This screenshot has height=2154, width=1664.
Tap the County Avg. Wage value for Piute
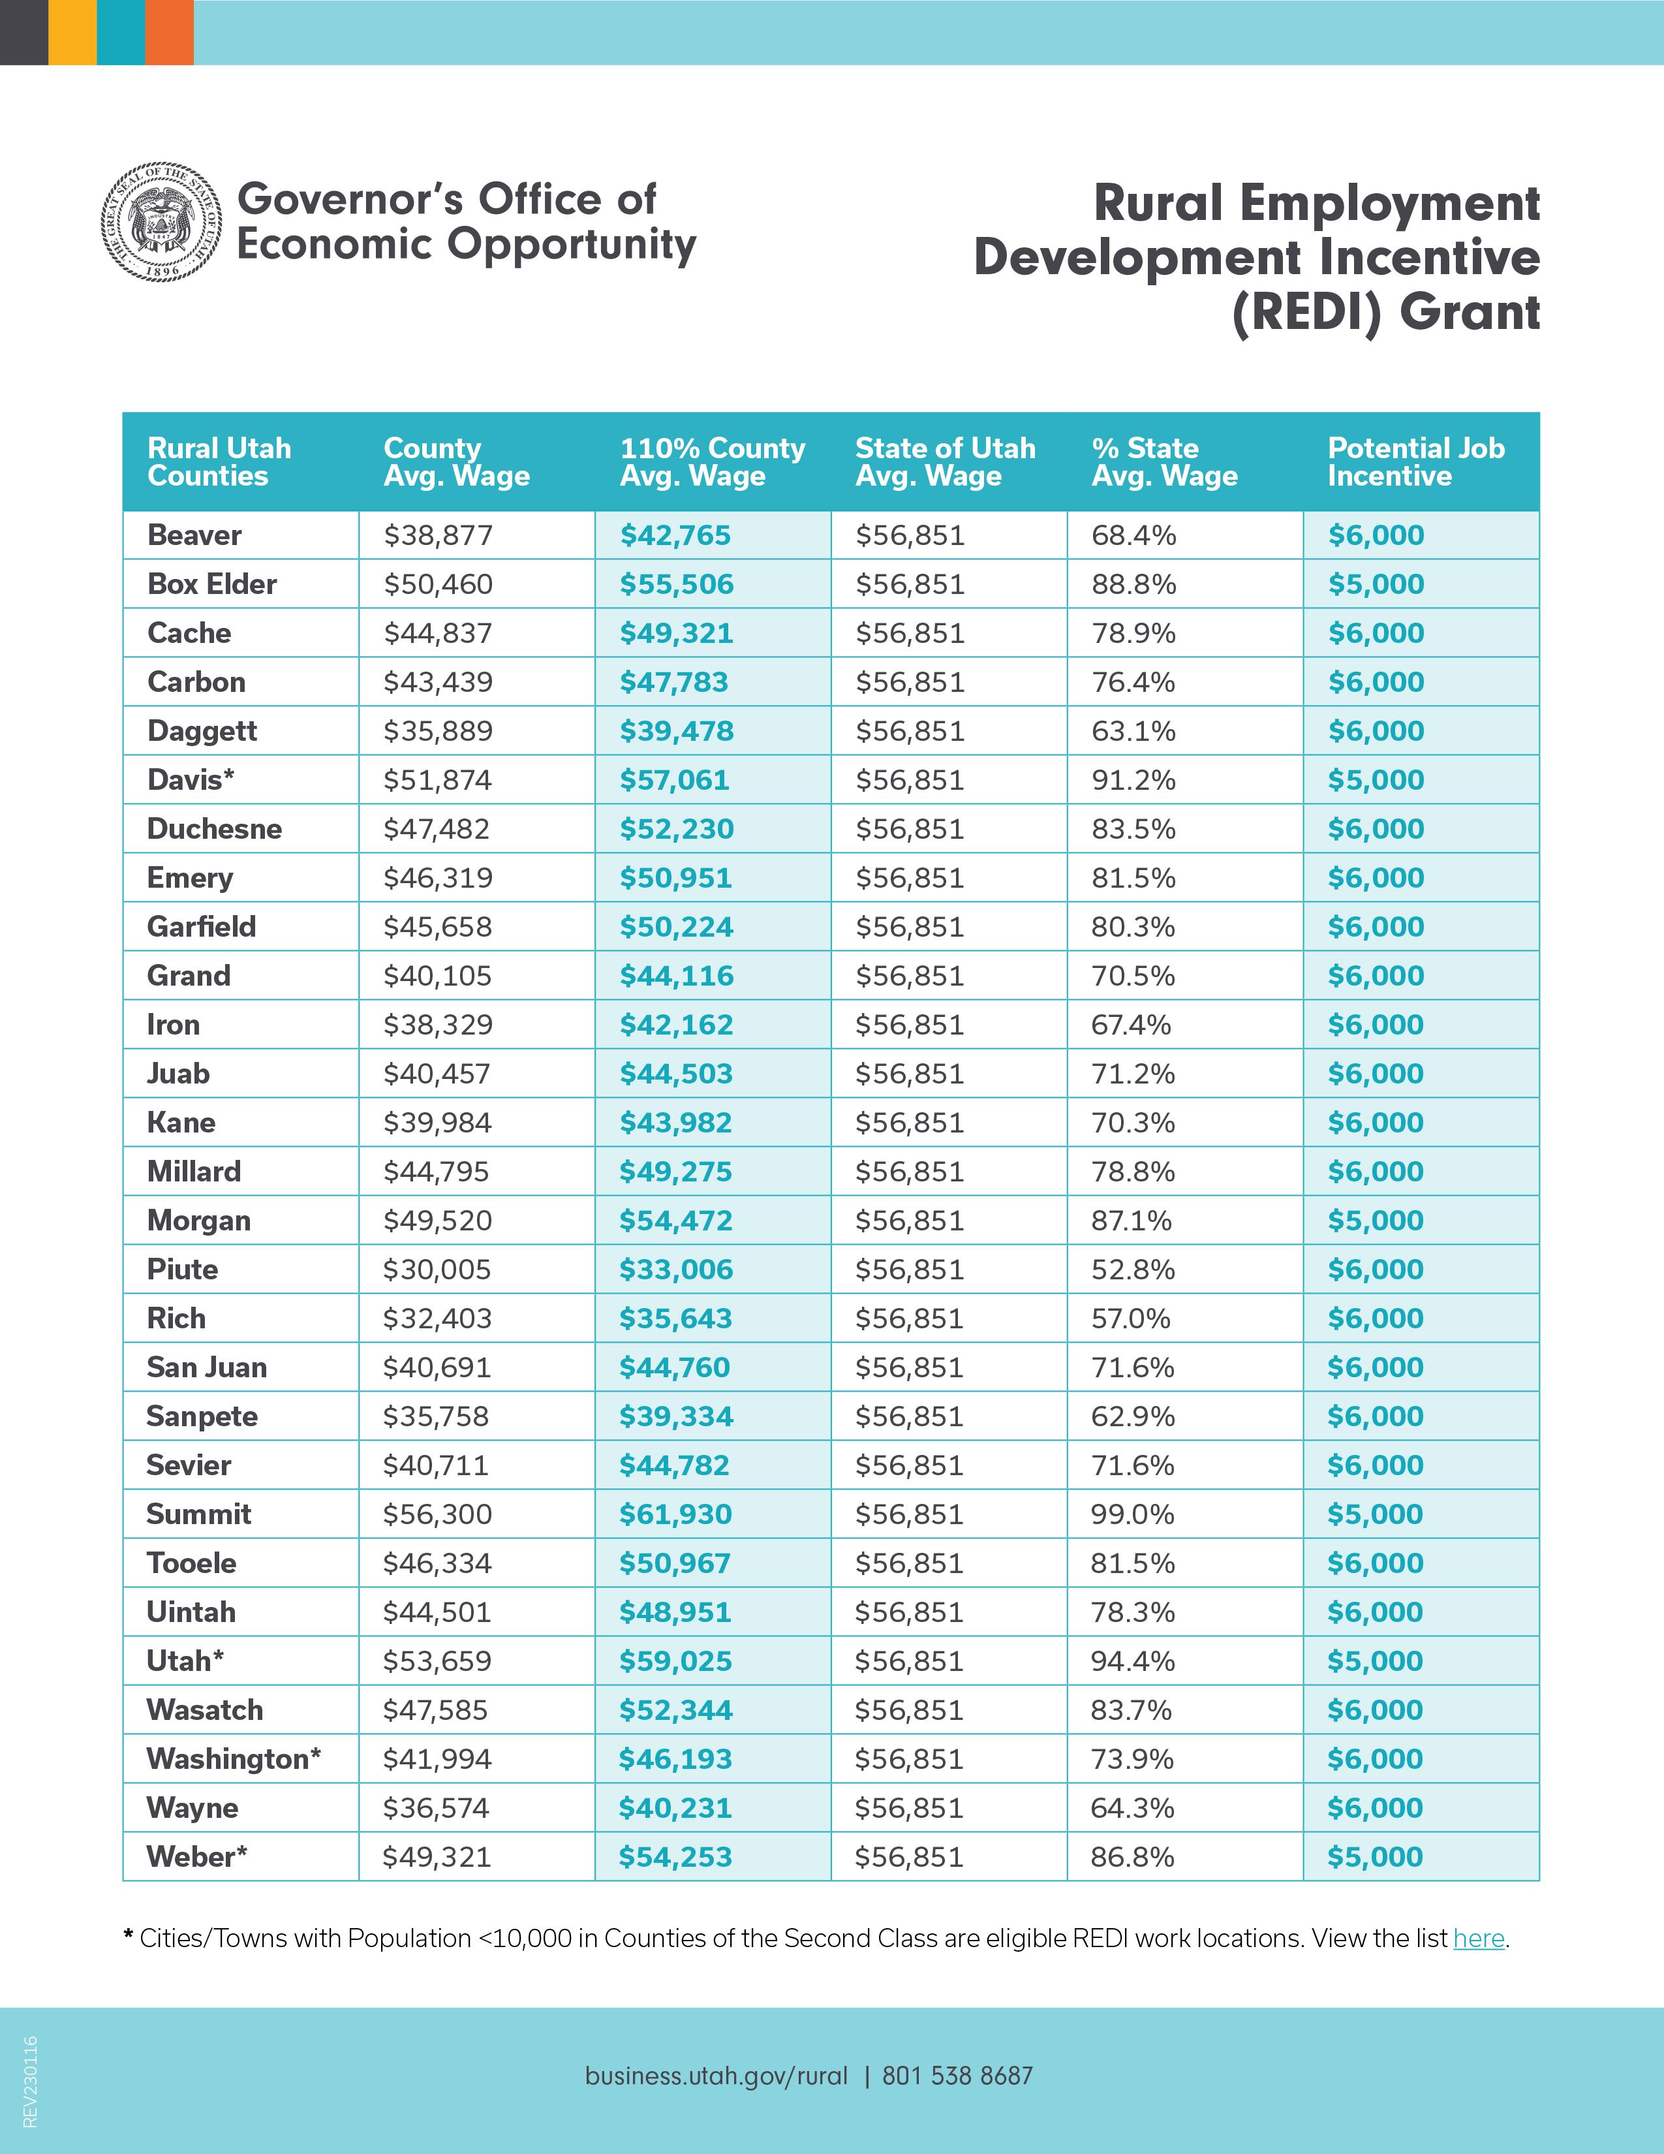(437, 1270)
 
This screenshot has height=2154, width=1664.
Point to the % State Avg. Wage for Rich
(1131, 1319)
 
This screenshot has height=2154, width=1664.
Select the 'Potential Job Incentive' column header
(1415, 461)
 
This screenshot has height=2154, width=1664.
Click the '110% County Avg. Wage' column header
(712, 461)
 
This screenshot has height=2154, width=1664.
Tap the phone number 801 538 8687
(957, 2076)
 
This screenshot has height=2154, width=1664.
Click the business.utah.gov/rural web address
(716, 2076)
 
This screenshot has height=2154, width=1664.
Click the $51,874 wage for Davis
(438, 780)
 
